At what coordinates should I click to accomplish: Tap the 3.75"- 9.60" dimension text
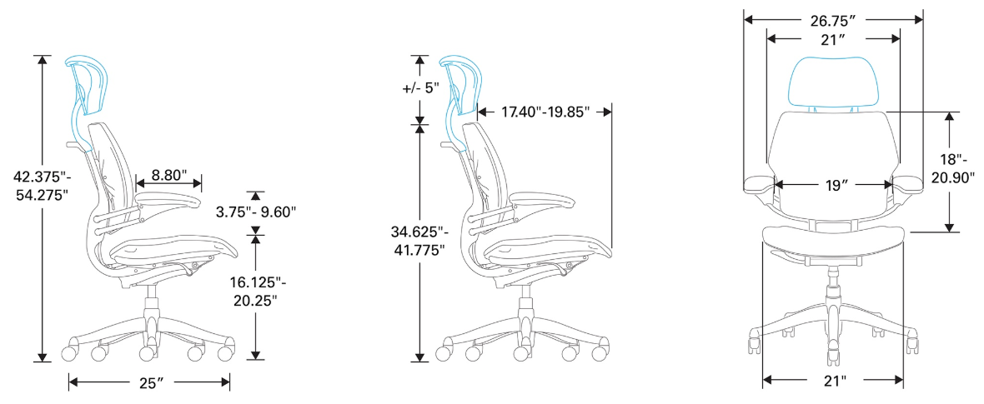pyautogui.click(x=256, y=212)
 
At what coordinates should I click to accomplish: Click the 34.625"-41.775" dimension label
pyautogui.click(x=420, y=239)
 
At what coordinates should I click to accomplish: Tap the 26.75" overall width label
pyautogui.click(x=834, y=17)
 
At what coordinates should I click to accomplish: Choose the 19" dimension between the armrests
pyautogui.click(x=833, y=185)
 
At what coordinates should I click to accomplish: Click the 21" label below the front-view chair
pyautogui.click(x=833, y=381)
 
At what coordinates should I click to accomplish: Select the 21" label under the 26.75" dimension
pyautogui.click(x=833, y=38)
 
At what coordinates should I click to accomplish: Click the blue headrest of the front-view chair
pyautogui.click(x=834, y=80)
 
